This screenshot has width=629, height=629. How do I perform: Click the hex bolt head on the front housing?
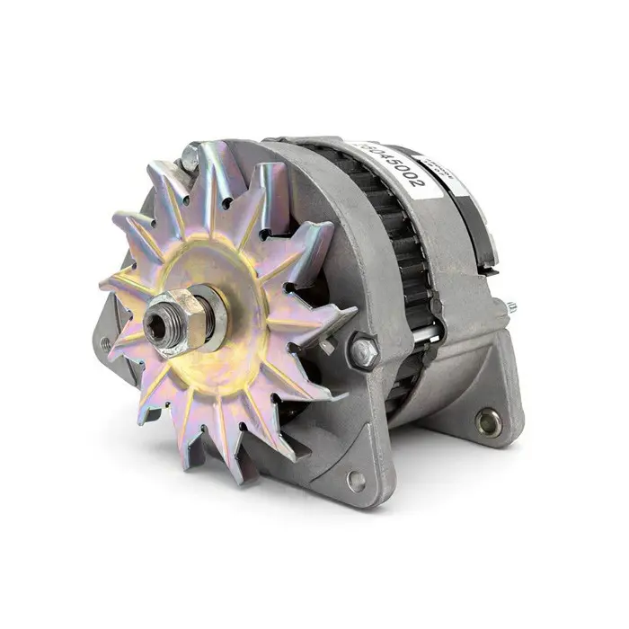(365, 351)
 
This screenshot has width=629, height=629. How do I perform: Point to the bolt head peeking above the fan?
(190, 158)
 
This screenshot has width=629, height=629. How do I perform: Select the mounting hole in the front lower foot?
(357, 480)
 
